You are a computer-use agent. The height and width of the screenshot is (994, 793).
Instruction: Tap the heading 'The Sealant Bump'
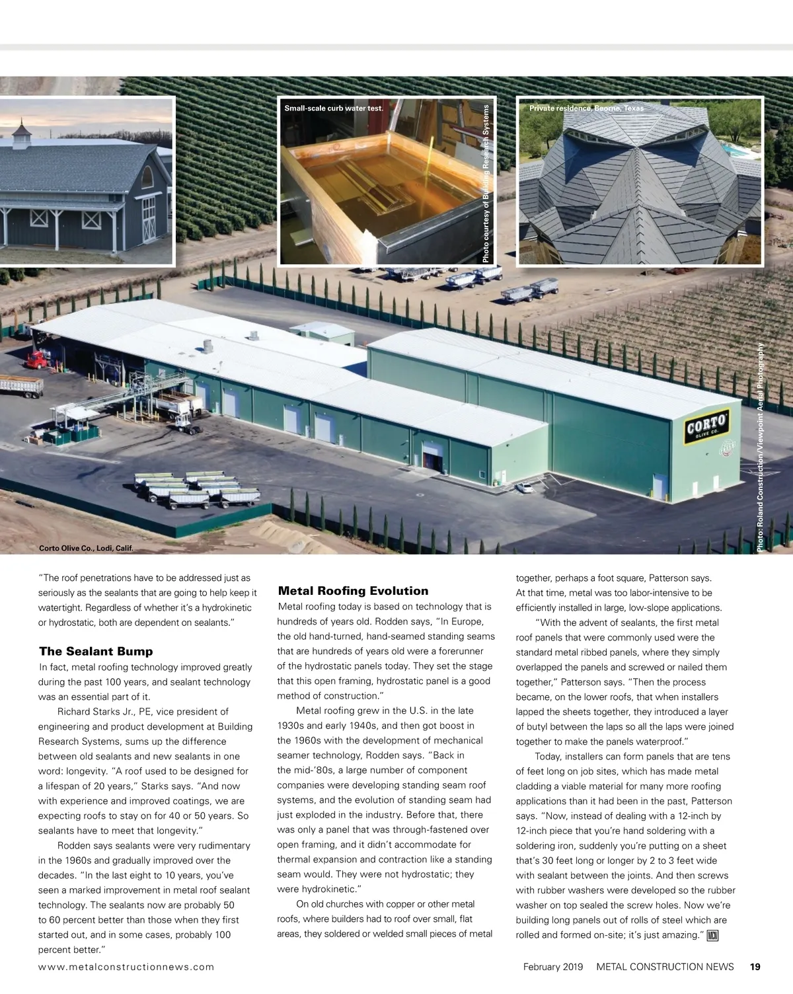tap(96, 652)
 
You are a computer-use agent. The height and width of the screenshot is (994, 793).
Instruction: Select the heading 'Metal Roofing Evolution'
tap(353, 591)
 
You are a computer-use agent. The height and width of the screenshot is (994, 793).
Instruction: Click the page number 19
tap(755, 966)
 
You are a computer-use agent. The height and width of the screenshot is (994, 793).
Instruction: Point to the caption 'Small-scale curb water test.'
tap(334, 108)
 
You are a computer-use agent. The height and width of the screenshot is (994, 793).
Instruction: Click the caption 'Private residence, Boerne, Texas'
tap(586, 108)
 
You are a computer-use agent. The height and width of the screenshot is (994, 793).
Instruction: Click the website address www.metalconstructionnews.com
tap(126, 966)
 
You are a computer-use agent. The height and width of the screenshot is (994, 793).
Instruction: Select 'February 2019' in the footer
tap(553, 966)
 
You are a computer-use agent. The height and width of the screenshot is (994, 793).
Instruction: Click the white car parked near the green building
tap(524, 488)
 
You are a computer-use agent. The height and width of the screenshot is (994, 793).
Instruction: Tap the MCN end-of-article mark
tap(712, 935)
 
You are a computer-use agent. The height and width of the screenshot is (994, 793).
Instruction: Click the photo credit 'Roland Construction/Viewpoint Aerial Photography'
tap(761, 447)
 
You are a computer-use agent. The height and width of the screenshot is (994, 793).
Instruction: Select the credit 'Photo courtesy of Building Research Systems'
tap(486, 184)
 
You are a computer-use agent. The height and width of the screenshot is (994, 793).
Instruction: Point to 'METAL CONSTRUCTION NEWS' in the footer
tap(665, 966)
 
